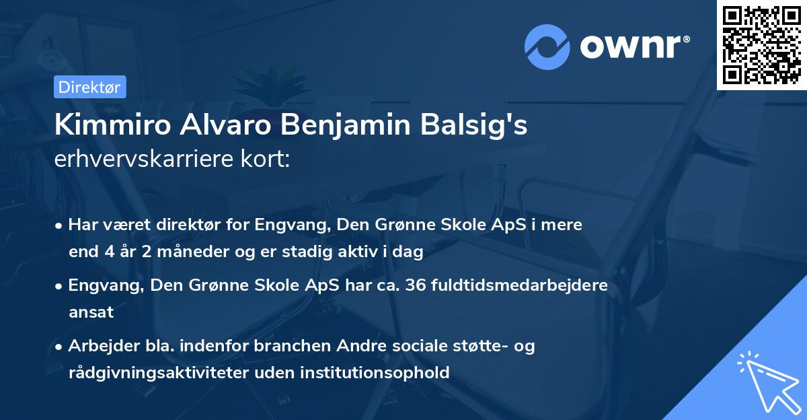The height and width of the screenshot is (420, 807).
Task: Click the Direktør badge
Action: [89, 87]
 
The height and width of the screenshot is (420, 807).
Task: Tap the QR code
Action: [761, 45]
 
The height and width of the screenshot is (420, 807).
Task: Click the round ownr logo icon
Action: [547, 47]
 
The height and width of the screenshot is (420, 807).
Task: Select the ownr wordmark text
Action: [633, 47]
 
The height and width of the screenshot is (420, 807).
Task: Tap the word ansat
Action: [91, 312]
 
